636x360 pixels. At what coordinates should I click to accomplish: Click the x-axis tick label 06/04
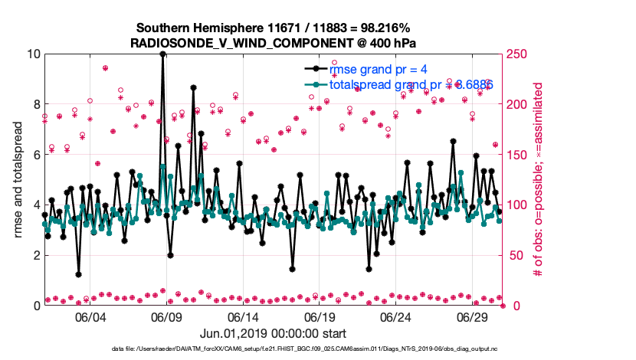[90, 317]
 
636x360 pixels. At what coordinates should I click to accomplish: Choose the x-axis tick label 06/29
[473, 317]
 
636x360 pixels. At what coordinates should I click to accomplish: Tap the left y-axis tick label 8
[35, 104]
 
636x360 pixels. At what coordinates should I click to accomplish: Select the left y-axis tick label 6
[35, 155]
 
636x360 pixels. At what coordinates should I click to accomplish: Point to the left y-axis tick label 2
[35, 255]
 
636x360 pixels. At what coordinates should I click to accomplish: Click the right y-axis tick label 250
[518, 54]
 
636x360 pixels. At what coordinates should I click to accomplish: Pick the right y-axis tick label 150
[518, 155]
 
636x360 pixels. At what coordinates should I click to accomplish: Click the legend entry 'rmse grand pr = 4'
[376, 70]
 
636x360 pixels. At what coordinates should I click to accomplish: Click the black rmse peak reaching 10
[162, 55]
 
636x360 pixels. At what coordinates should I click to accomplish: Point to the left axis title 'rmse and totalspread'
[18, 180]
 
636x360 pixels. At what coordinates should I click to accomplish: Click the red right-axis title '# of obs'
[538, 180]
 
